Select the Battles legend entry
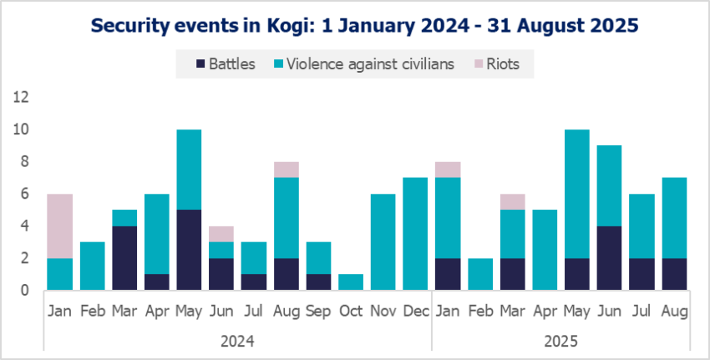pyautogui.click(x=226, y=64)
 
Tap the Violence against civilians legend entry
pyautogui.click(x=363, y=64)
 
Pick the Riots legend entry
pyautogui.click(x=505, y=64)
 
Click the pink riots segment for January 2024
pyautogui.click(x=59, y=226)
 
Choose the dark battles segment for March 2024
pyautogui.click(x=124, y=258)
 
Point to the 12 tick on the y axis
pyautogui.click(x=21, y=97)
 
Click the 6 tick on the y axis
pyautogui.click(x=24, y=194)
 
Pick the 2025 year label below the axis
pyautogui.click(x=560, y=341)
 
